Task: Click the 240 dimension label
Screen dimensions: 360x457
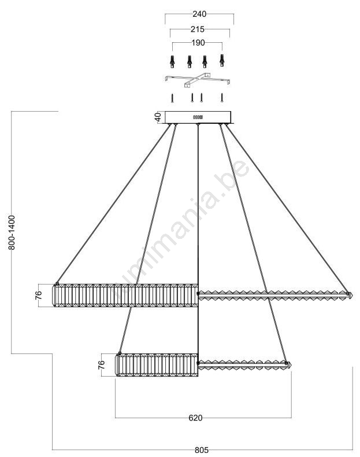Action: pyautogui.click(x=199, y=14)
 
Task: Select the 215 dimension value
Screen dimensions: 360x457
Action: pyautogui.click(x=197, y=30)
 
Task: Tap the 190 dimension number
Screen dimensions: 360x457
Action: pyautogui.click(x=198, y=43)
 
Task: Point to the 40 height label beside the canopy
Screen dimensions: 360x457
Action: pyautogui.click(x=157, y=117)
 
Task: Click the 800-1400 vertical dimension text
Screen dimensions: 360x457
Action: pyautogui.click(x=12, y=233)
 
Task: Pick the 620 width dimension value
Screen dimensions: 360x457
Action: pyautogui.click(x=195, y=418)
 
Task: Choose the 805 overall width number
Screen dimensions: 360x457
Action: pyautogui.click(x=202, y=450)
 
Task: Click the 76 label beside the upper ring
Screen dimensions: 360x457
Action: pyautogui.click(x=39, y=295)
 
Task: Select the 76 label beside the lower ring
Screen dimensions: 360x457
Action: pyautogui.click(x=101, y=365)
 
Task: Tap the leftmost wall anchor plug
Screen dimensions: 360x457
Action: pyautogui.click(x=173, y=61)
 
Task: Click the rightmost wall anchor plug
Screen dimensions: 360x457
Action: pyautogui.click(x=222, y=60)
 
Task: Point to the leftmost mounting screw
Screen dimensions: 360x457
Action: pyautogui.click(x=172, y=98)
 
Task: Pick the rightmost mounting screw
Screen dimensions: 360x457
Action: pyautogui.click(x=222, y=98)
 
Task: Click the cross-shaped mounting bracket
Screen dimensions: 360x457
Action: pyautogui.click(x=198, y=80)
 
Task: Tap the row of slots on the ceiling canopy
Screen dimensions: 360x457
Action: pyautogui.click(x=198, y=117)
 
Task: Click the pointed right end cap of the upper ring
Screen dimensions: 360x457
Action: pyautogui.click(x=350, y=295)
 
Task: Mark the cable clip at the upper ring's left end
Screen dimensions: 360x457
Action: pyautogui.click(x=57, y=283)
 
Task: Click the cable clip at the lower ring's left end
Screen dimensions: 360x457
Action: pyautogui.click(x=120, y=353)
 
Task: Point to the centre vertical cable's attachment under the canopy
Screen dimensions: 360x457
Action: pyautogui.click(x=198, y=125)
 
